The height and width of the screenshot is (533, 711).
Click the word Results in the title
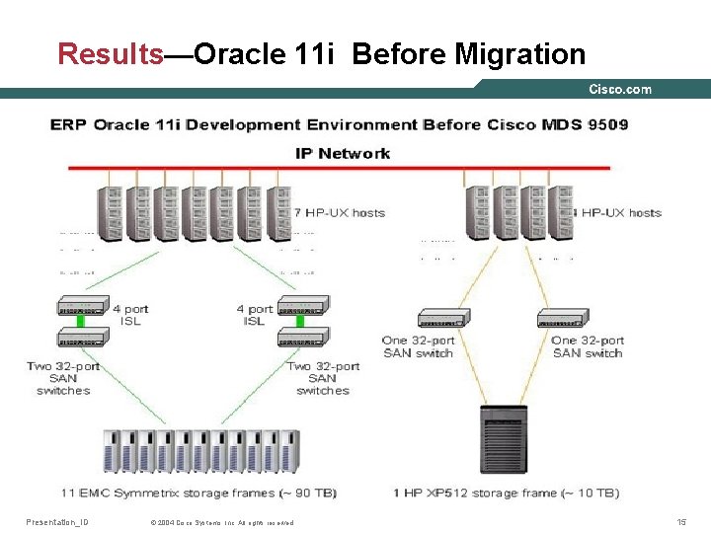(x=110, y=53)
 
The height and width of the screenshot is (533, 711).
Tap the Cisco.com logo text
(x=620, y=89)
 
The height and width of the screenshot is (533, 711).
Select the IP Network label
(x=343, y=153)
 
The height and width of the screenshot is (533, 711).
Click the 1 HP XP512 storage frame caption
(x=507, y=493)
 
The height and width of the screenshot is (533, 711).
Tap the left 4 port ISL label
(x=129, y=315)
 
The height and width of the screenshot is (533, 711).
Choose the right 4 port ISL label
(x=254, y=315)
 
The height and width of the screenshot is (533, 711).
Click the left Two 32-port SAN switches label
(x=63, y=378)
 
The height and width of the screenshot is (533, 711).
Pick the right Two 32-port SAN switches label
(x=323, y=378)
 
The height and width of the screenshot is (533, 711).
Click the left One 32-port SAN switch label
(x=418, y=346)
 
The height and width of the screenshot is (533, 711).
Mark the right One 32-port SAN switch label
(x=588, y=346)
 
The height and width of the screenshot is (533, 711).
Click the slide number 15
(x=681, y=521)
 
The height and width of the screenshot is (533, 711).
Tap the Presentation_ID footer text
(x=56, y=521)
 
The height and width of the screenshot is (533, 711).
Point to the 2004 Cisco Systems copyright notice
(x=221, y=522)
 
